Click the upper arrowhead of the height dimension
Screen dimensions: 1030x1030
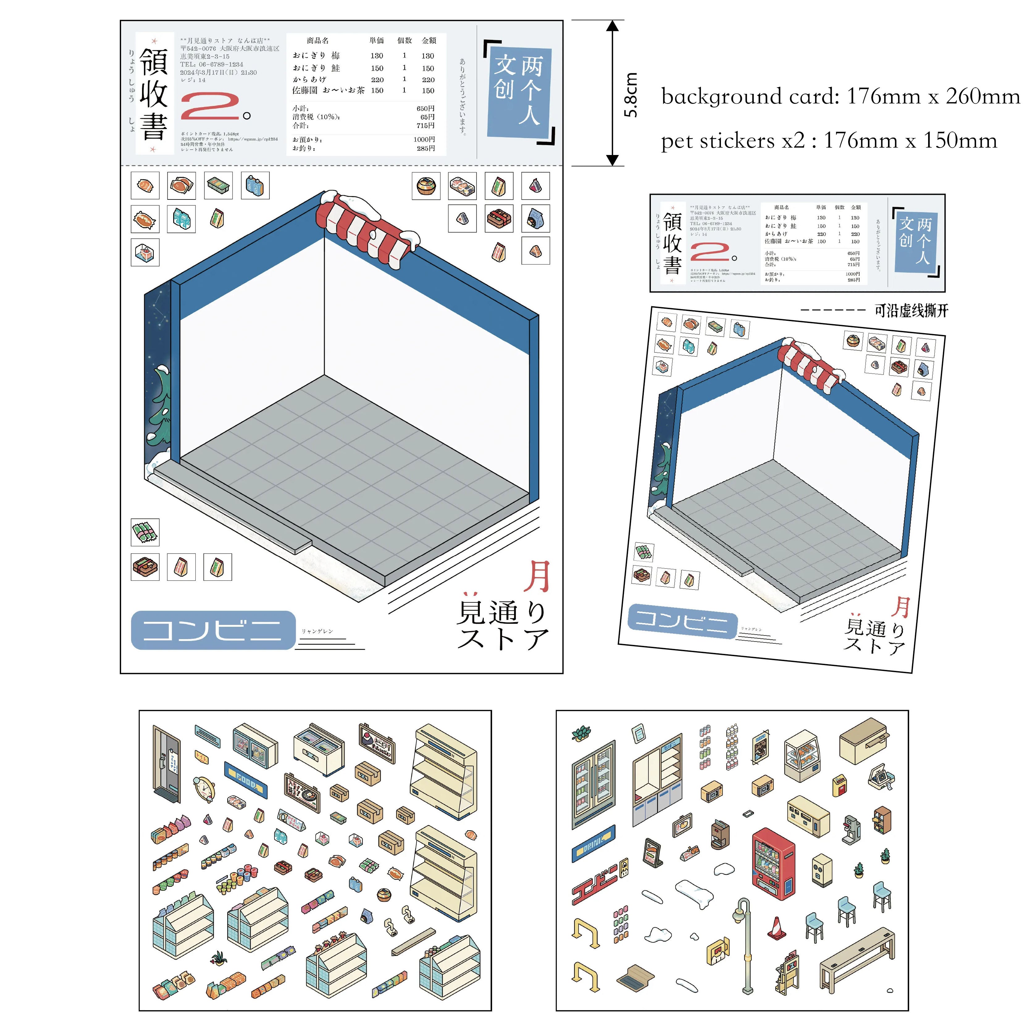click(613, 27)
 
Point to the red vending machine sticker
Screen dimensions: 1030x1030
click(773, 864)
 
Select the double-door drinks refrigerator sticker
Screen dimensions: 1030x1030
click(593, 783)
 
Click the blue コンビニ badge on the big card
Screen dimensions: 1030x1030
click(213, 630)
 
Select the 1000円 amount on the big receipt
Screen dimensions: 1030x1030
click(424, 140)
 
